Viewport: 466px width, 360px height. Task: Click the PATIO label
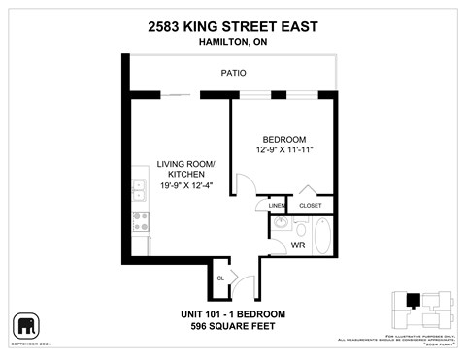tap(233, 73)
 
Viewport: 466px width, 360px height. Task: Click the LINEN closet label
tap(277, 206)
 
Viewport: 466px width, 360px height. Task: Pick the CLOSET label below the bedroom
tap(311, 206)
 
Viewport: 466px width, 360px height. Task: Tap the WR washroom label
tap(299, 245)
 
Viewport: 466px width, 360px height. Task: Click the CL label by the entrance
tap(220, 278)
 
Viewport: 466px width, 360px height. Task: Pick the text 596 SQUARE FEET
tap(233, 326)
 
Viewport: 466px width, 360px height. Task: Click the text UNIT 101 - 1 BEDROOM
tap(233, 313)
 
